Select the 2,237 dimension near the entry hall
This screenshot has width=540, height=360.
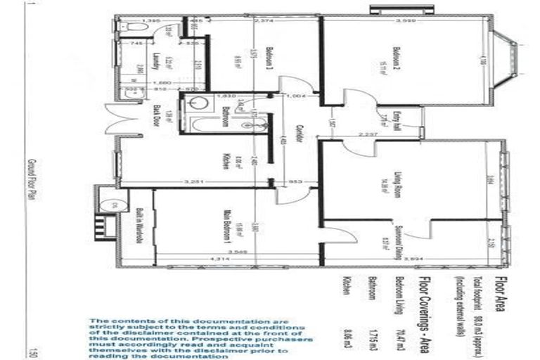pos(368,134)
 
